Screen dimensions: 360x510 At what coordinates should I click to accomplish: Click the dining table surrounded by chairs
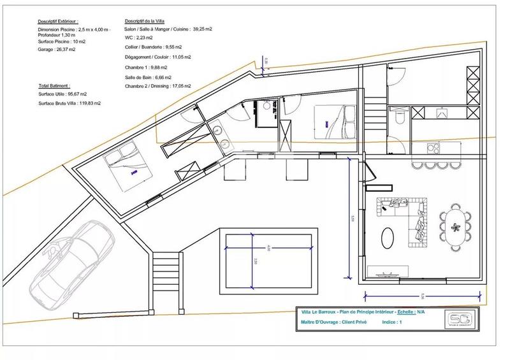click(455, 224)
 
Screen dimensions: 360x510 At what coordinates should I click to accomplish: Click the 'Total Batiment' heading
click(54, 85)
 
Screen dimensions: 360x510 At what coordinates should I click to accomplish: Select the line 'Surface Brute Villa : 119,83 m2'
click(69, 103)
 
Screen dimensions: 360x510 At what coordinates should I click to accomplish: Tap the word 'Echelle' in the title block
click(405, 313)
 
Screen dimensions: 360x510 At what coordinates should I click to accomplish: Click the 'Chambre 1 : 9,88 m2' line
click(147, 66)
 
